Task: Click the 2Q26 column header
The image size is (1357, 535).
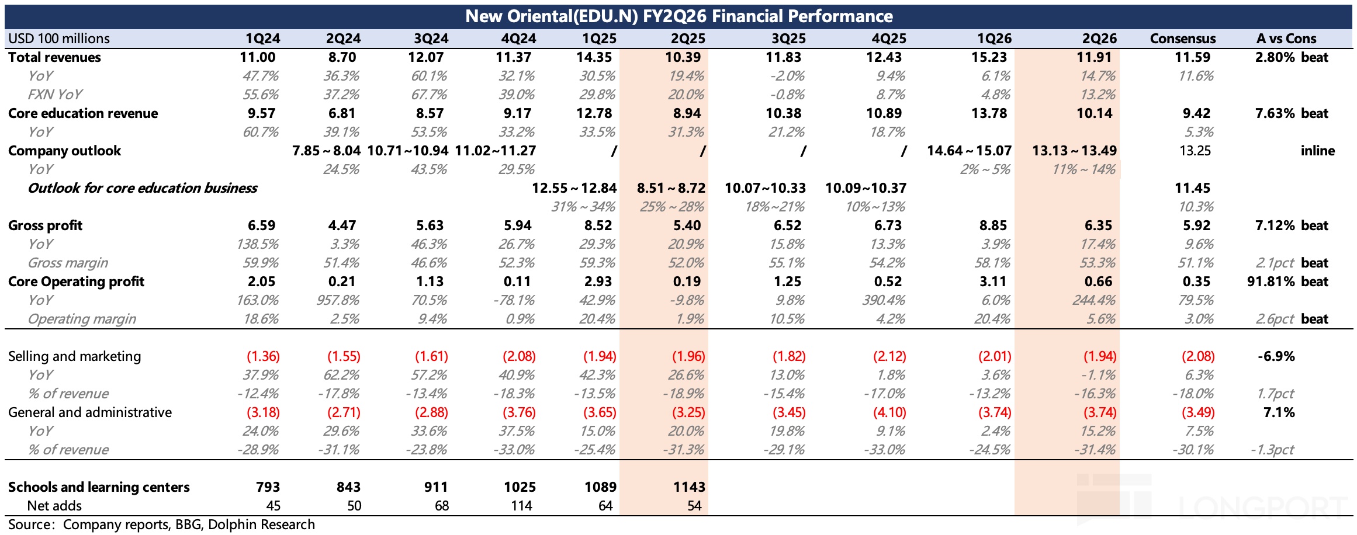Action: (x=1099, y=39)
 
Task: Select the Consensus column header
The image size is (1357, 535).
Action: (x=1182, y=39)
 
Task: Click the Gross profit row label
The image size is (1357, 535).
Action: (x=45, y=225)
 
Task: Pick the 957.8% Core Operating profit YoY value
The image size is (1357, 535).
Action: (x=342, y=300)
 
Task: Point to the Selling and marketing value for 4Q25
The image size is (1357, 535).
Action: (x=889, y=356)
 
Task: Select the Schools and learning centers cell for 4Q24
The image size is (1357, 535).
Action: (x=520, y=487)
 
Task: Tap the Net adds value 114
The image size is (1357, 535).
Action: (x=521, y=506)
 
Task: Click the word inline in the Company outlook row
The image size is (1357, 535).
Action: (x=1317, y=151)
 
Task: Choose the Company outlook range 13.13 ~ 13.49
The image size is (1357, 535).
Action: (x=1074, y=151)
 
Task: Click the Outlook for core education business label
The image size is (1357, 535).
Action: (x=143, y=188)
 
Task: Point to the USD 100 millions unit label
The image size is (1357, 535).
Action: (x=59, y=39)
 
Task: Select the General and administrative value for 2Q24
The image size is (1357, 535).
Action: (x=344, y=412)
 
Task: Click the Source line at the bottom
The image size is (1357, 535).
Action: (x=161, y=524)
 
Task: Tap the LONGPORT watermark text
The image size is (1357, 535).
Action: (x=1262, y=507)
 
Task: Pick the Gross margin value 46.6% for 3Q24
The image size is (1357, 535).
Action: (x=430, y=263)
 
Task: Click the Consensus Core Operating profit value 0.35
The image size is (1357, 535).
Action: (x=1196, y=282)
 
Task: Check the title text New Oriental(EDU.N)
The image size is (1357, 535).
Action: (x=551, y=16)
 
